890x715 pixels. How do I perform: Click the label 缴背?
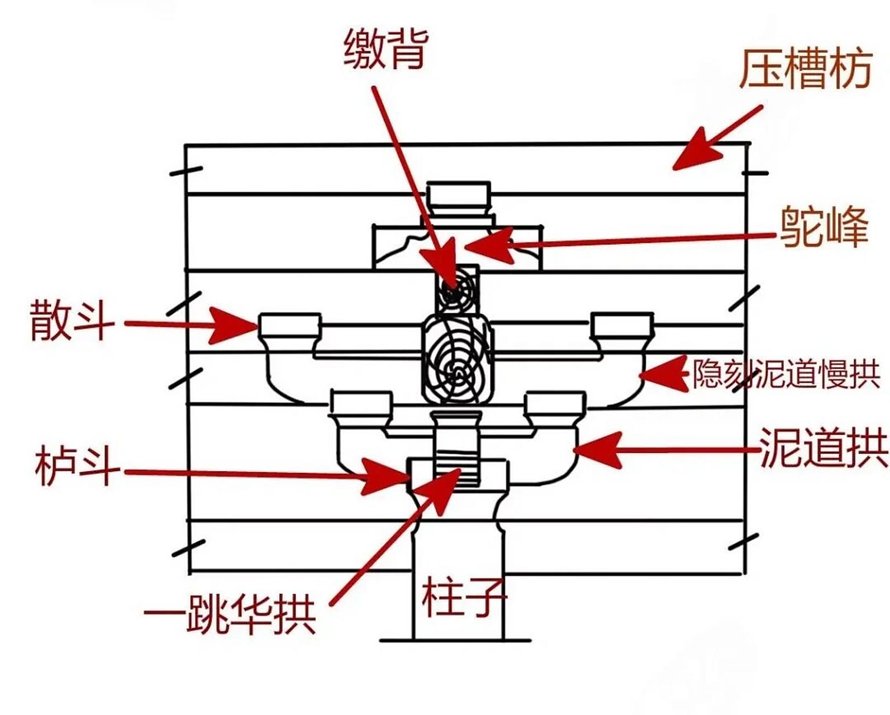coord(385,49)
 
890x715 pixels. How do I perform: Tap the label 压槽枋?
coord(805,69)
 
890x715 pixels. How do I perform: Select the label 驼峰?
coord(824,227)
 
